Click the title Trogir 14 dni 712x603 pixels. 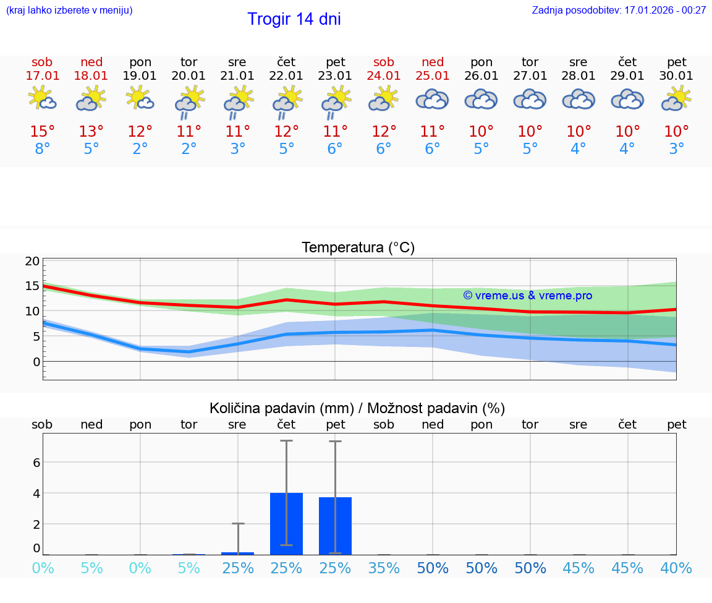pos(294,19)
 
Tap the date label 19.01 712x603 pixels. pos(140,76)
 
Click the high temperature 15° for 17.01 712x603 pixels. pos(42,132)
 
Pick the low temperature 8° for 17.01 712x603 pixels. pos(42,149)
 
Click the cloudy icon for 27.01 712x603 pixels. pos(530,100)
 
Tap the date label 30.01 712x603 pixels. pos(677,76)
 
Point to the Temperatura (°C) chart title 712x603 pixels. pos(358,248)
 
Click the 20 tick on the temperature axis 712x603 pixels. pos(32,261)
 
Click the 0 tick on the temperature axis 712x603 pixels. pos(36,362)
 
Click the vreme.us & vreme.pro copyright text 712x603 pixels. pos(527,296)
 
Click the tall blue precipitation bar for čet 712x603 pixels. pos(286,523)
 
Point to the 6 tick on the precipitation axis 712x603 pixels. pos(36,463)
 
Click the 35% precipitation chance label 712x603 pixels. pos(384,568)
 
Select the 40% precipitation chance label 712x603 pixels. pos(676,568)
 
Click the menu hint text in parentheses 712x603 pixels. pos(69,11)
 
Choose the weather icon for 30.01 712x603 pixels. pos(676,98)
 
